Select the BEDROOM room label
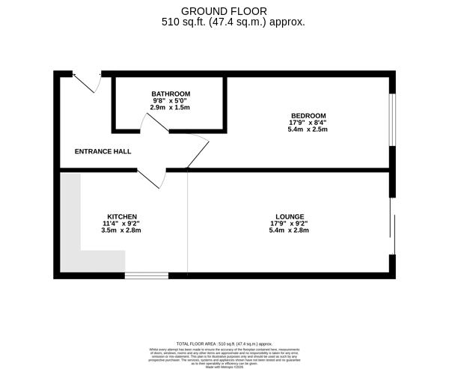click(309, 115)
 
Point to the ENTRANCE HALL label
click(103, 151)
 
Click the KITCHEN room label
click(122, 216)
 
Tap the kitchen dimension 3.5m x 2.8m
click(122, 230)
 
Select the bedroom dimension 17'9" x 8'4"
click(309, 123)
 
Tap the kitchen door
click(154, 178)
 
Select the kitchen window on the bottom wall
click(146, 275)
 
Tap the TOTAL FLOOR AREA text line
click(224, 341)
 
